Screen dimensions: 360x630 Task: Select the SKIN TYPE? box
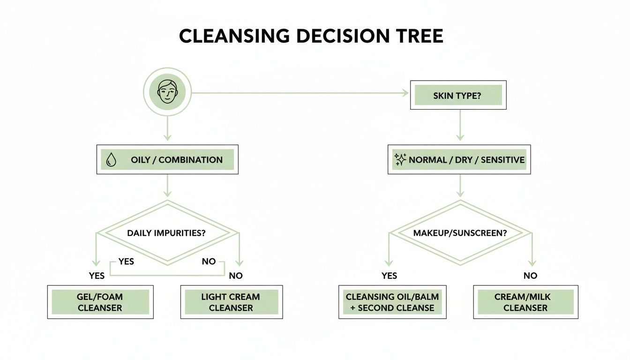click(458, 95)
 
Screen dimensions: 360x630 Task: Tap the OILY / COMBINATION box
click(167, 160)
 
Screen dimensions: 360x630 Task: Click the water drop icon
click(111, 160)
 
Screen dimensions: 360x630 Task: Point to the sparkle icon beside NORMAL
click(400, 160)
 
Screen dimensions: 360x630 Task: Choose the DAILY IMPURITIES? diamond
click(167, 232)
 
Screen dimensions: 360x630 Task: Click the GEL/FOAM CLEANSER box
click(100, 302)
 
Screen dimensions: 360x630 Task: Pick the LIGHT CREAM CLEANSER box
click(231, 302)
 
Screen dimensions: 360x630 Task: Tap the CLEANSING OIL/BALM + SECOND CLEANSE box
click(392, 302)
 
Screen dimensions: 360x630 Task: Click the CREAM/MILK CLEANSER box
click(525, 302)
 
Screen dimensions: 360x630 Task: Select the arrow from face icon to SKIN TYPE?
click(300, 93)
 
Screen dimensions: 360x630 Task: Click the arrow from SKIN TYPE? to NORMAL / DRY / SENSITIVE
click(460, 125)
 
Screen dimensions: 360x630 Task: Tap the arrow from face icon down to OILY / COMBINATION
click(167, 127)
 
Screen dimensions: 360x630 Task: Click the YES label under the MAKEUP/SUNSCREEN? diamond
click(389, 276)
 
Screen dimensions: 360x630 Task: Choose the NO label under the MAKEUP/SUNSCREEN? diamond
click(530, 276)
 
